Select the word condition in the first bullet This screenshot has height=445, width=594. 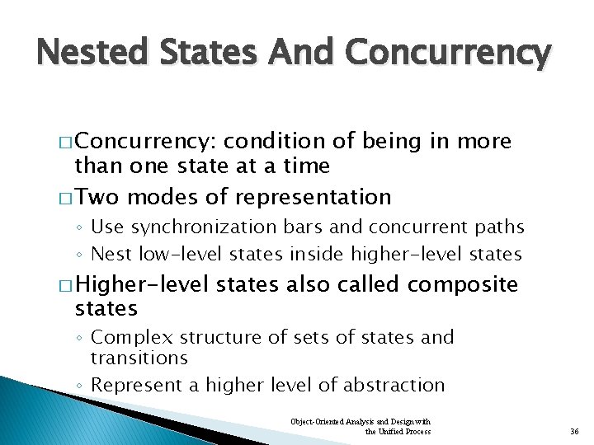273,142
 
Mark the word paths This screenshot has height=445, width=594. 497,227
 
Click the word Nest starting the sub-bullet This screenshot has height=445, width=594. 108,253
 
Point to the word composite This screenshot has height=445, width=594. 462,285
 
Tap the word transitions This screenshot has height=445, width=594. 139,358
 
